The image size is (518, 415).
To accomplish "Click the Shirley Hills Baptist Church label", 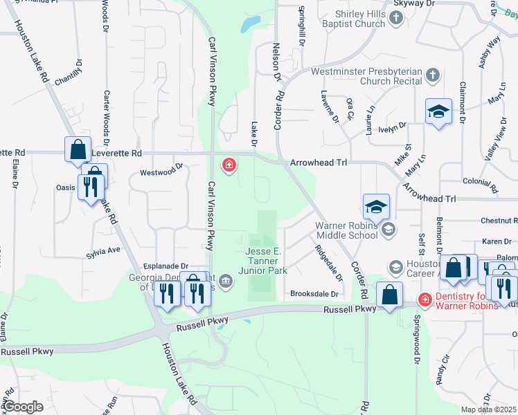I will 350,19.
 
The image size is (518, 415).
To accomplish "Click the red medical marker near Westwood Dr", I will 227,165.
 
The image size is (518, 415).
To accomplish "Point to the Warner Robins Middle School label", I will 347,230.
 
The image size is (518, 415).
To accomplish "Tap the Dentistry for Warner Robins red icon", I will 425,299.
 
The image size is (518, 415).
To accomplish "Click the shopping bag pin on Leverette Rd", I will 78,149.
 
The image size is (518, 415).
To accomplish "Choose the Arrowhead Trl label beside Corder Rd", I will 322,161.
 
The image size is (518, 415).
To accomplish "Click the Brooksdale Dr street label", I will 314,294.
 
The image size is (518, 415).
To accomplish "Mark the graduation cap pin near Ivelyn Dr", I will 438,112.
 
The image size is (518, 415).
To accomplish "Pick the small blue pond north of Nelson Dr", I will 247,26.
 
